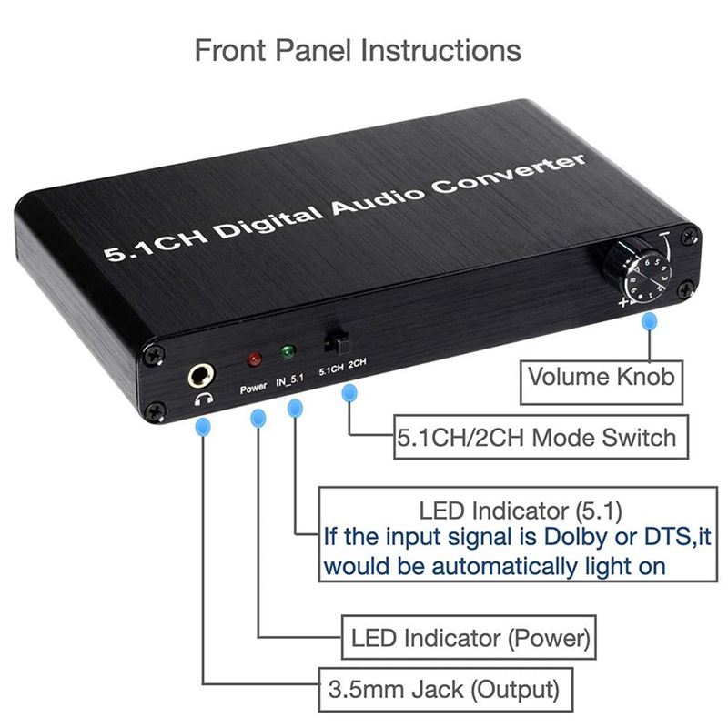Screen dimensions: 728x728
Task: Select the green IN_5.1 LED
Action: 288,352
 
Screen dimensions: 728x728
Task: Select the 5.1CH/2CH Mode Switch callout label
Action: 537,437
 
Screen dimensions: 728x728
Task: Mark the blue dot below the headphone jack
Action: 204,425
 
